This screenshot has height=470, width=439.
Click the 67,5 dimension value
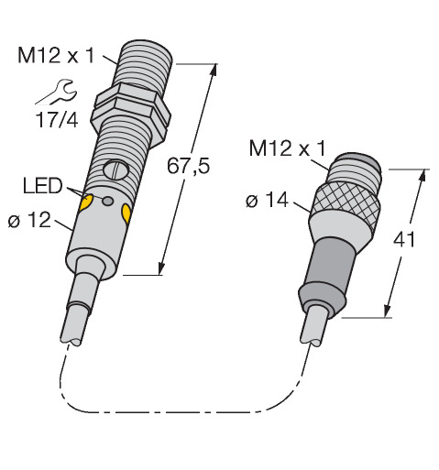(x=188, y=166)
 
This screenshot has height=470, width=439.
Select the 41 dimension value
(x=404, y=239)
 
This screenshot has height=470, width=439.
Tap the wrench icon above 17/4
(x=58, y=92)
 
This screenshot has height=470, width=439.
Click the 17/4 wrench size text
(x=57, y=119)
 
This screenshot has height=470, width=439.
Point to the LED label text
(x=42, y=186)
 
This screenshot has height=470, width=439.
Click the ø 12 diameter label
(x=29, y=220)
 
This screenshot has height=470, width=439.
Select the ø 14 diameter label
(x=267, y=201)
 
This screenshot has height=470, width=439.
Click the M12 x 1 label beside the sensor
(x=56, y=56)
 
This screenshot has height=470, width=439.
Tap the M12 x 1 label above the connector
(x=288, y=148)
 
